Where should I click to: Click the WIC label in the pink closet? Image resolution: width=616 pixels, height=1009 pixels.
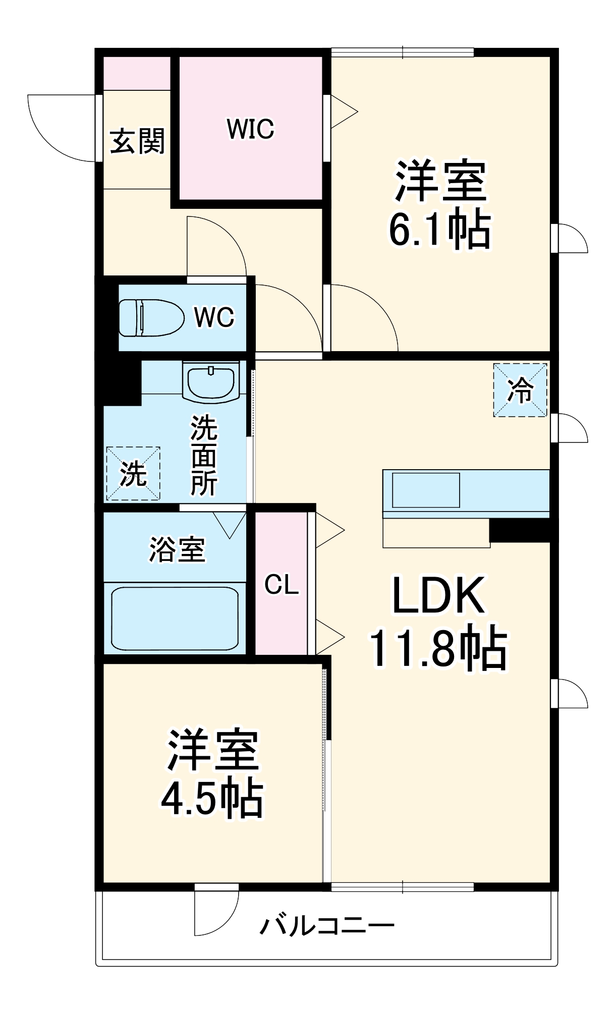point(250,129)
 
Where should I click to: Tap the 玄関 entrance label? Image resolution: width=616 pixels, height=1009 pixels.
point(137,141)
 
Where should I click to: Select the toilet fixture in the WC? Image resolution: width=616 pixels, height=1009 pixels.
point(151,318)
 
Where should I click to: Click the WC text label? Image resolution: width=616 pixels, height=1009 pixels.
point(214,317)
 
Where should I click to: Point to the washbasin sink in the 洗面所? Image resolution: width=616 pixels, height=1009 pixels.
point(211,382)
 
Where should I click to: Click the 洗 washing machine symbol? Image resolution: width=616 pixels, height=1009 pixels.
point(133,474)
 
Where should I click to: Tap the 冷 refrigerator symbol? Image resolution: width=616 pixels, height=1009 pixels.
point(520,390)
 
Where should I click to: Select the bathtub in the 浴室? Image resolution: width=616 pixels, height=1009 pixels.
point(175,619)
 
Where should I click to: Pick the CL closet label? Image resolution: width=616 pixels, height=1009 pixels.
point(282,585)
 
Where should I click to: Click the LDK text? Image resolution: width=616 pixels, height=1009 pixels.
point(438,595)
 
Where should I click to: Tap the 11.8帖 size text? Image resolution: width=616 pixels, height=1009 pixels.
point(438,648)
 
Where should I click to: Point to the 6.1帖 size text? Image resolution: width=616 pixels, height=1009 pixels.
point(439,229)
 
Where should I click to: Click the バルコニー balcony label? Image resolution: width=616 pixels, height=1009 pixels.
point(327,926)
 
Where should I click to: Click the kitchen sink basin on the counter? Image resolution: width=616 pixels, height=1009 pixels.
point(426,490)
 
